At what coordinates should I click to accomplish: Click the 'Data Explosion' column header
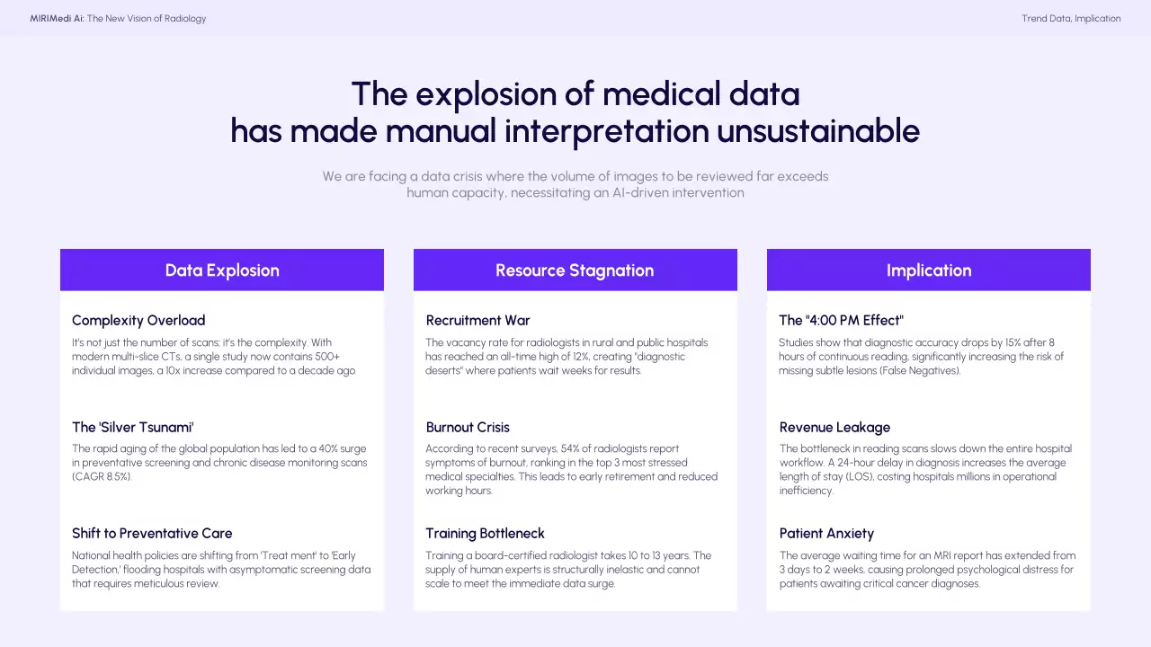click(x=222, y=270)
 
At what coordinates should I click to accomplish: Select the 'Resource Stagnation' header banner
click(x=575, y=270)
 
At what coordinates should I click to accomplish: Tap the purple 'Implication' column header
click(x=929, y=270)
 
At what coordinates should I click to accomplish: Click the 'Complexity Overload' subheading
click(x=138, y=321)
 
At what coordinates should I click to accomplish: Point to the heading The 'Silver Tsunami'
click(x=132, y=427)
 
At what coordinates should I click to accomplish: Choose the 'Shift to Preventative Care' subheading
click(x=152, y=533)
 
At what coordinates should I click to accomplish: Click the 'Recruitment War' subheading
click(x=477, y=321)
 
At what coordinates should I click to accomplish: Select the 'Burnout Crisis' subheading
click(x=468, y=427)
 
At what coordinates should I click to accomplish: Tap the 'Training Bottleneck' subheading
click(x=485, y=534)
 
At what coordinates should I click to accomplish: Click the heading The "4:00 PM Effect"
click(x=841, y=321)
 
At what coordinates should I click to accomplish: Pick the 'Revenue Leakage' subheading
click(x=834, y=427)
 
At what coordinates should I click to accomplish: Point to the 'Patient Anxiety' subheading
click(x=826, y=534)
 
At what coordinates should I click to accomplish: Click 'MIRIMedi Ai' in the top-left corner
click(x=57, y=19)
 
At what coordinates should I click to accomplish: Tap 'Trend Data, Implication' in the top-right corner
click(x=1071, y=19)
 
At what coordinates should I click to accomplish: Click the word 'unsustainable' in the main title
click(x=818, y=130)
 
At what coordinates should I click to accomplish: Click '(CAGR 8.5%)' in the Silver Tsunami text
click(x=102, y=476)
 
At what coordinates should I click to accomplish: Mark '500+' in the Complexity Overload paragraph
click(x=327, y=357)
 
